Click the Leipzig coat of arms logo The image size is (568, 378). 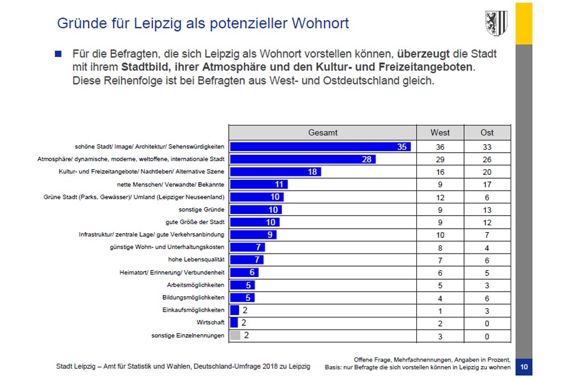pos(495,23)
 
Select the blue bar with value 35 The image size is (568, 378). pos(320,147)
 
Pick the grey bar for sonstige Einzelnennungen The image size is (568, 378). pos(235,335)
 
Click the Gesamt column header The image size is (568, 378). pos(323,132)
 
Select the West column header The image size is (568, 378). pos(440,132)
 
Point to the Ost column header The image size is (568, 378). pos(487,132)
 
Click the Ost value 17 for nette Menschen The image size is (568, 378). pos(487,184)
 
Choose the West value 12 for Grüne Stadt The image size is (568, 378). pos(440,197)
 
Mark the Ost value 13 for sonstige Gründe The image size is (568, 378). pos(487,209)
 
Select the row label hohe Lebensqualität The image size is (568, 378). pos(196,260)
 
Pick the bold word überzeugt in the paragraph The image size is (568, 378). pos(422,54)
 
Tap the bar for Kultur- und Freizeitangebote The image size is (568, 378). pos(275,172)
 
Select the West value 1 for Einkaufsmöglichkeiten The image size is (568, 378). pos(440,310)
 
